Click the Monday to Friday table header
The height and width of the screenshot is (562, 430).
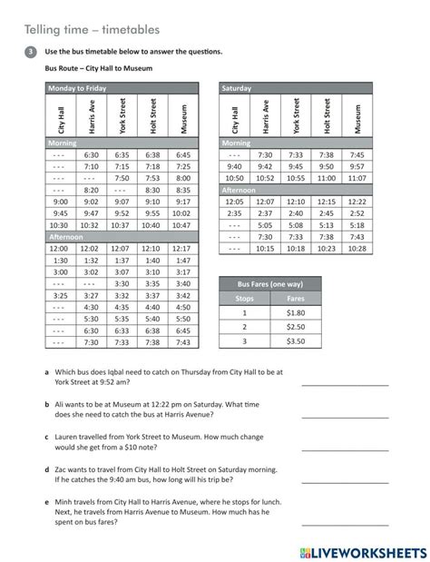76,88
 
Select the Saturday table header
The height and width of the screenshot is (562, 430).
237,88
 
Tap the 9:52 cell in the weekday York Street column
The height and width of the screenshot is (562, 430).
123,213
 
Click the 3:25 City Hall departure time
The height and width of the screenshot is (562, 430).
59,295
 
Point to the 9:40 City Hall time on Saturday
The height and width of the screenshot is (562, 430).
234,167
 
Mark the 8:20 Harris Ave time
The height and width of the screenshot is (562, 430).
90,190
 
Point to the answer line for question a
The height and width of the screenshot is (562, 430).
344,385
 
